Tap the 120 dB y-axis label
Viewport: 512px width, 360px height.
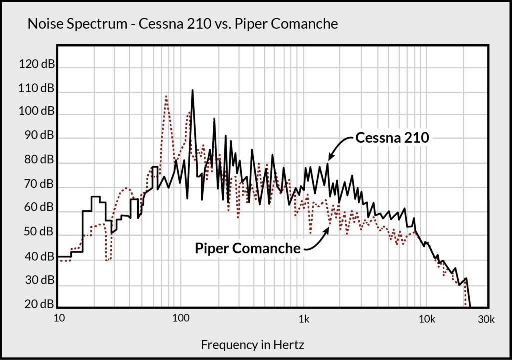pos(37,64)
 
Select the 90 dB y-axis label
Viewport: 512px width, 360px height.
pos(38,135)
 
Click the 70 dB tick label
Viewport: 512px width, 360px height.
pos(38,184)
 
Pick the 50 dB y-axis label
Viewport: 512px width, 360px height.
pos(38,232)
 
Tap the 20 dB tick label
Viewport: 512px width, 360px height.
pos(38,304)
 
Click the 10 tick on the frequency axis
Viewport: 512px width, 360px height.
pos(59,319)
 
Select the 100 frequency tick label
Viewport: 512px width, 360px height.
pos(181,319)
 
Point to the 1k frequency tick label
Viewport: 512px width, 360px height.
pos(303,319)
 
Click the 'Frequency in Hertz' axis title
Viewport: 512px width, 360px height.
pos(252,344)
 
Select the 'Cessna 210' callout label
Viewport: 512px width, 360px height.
pos(392,138)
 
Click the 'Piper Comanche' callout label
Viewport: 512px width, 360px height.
pos(248,248)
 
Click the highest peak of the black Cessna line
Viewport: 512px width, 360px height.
pos(192,91)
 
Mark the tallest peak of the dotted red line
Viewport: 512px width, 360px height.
pos(166,96)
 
